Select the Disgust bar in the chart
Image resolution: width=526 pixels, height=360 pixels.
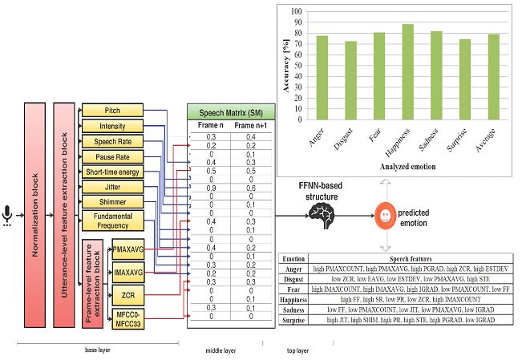351,80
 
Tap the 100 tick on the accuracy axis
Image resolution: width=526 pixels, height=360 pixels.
297,12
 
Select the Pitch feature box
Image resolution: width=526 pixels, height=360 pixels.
112,110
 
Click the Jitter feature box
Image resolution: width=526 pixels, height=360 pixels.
112,188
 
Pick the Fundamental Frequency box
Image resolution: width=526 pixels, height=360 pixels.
112,220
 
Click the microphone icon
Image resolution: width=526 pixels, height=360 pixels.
8,216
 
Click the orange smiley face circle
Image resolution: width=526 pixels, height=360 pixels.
386,216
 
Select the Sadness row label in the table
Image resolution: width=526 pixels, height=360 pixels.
295,309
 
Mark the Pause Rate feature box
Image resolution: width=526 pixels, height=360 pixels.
112,156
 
